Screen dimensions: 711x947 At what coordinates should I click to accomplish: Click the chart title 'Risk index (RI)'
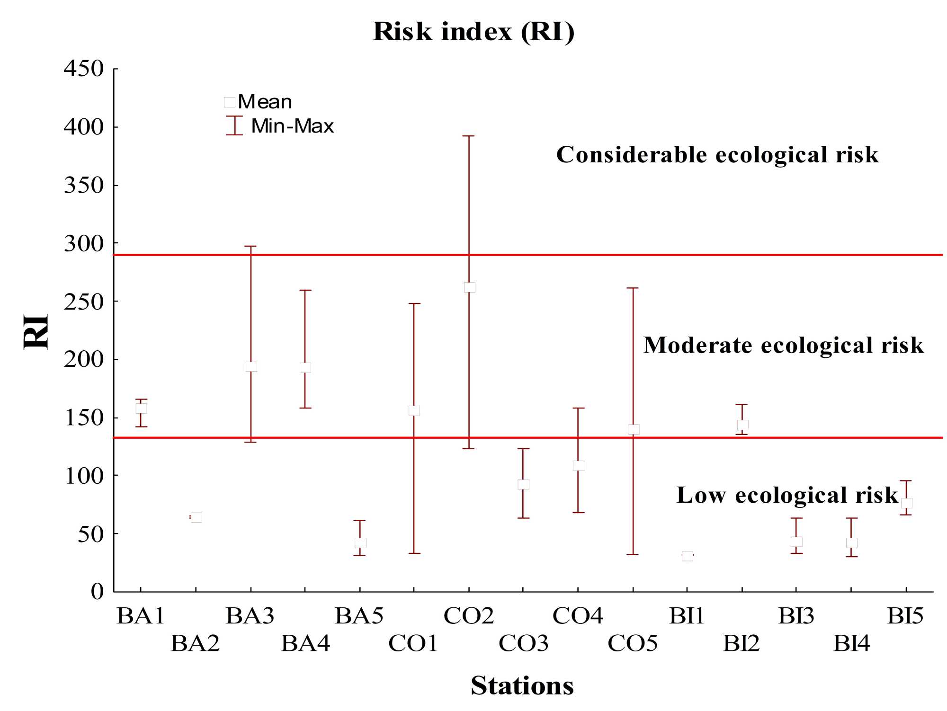tap(473, 32)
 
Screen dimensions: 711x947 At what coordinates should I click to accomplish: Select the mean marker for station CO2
tap(469, 287)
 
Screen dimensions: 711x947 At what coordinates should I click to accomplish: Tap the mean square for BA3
tap(251, 366)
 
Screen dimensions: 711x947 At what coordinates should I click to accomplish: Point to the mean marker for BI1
tap(688, 556)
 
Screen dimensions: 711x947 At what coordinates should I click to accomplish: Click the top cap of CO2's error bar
tap(469, 136)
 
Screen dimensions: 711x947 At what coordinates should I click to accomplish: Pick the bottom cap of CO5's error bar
tap(633, 554)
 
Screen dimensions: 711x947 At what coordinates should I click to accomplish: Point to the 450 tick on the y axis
tap(84, 69)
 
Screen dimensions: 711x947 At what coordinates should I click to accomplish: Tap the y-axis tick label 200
tap(84, 360)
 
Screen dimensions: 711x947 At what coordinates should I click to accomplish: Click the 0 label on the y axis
tap(97, 592)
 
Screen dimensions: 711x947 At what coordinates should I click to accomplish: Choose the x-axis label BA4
tap(305, 643)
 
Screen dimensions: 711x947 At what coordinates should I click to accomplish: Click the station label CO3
tap(523, 643)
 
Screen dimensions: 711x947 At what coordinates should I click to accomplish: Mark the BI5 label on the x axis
tap(905, 616)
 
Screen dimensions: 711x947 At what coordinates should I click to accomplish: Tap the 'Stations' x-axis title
tap(522, 685)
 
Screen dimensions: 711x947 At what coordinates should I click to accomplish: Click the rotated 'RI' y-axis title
tap(36, 331)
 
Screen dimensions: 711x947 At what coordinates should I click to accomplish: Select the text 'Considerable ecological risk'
tap(717, 155)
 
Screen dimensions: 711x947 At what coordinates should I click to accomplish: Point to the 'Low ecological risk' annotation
tap(787, 495)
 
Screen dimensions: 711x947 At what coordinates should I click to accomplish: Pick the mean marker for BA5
tap(360, 543)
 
